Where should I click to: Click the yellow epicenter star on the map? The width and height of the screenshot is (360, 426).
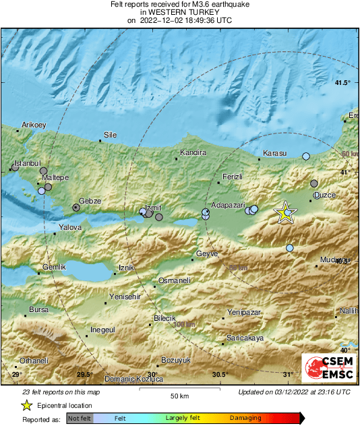coord(285,212)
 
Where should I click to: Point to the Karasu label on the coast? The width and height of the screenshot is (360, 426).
coord(274,153)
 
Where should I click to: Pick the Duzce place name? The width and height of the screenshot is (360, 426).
coord(324,195)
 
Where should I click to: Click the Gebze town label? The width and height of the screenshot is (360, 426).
coord(90,201)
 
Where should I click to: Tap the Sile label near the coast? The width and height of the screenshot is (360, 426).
coord(109,134)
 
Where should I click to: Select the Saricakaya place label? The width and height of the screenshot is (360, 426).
coord(245,337)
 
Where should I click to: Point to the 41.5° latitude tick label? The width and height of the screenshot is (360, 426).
coord(343,83)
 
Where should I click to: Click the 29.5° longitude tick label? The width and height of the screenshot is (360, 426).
coord(84,374)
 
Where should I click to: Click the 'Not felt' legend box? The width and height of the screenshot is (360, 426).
coord(80,418)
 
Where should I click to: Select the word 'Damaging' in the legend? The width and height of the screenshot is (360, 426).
coord(245,418)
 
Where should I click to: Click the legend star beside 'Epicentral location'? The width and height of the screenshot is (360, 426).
coord(26,405)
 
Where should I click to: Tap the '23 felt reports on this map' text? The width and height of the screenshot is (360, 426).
coord(61,392)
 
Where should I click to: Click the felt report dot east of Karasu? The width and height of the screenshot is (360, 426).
coord(306,156)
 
